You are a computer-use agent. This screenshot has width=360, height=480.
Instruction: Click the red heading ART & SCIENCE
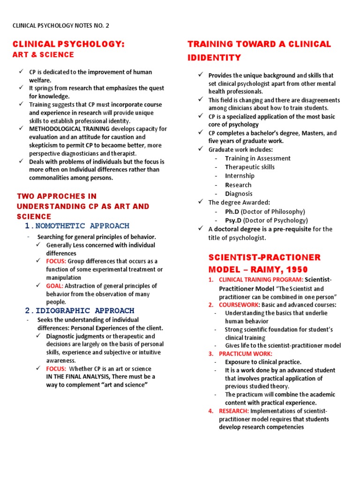pyautogui.click(x=43, y=55)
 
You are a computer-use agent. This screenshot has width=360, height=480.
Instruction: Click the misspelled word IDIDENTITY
pyautogui.click(x=214, y=58)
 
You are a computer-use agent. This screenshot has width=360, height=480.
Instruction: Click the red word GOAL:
pyautogui.click(x=55, y=286)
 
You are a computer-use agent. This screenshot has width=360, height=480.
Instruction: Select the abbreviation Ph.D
pyautogui.click(x=232, y=211)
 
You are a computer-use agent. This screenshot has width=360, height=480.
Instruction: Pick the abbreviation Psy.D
pyautogui.click(x=233, y=220)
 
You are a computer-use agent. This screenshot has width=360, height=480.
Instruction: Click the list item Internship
pyautogui.click(x=240, y=176)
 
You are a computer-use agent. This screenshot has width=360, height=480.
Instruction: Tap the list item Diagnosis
pyautogui.click(x=239, y=194)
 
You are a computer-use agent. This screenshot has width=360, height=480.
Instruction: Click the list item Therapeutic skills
pyautogui.click(x=250, y=167)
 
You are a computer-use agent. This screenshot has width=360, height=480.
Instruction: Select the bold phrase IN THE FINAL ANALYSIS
pyautogui.click(x=77, y=377)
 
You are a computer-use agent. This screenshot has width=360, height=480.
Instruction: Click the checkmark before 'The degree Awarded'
pyautogui.click(x=200, y=202)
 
